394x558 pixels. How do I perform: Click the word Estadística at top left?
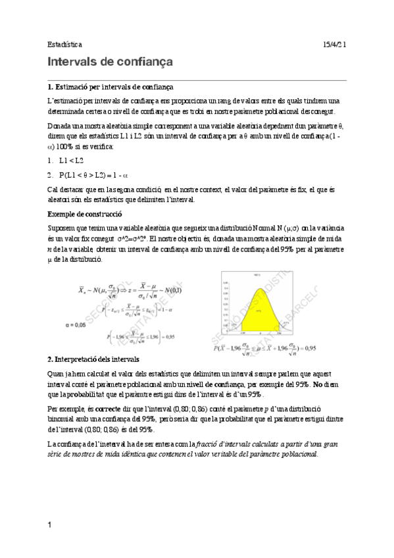[64, 44]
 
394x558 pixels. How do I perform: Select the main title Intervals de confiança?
[110, 63]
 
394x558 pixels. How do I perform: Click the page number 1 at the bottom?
[50, 524]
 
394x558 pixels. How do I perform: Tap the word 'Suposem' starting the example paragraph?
[63, 227]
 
